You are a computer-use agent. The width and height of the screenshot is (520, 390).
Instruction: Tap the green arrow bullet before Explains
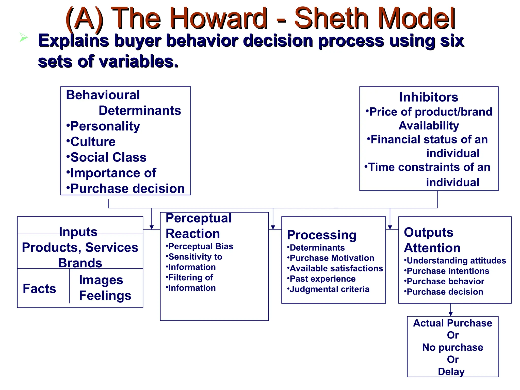(23, 38)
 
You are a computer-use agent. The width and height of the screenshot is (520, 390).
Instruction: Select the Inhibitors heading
(429, 97)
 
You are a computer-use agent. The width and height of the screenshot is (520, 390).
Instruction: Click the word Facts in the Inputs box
(39, 289)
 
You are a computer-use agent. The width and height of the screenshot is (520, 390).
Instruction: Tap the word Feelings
(105, 296)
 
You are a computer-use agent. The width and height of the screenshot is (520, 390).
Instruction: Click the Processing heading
(321, 235)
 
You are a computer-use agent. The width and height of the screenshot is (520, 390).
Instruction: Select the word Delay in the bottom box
(451, 371)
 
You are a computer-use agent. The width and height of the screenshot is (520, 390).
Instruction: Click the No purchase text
(452, 347)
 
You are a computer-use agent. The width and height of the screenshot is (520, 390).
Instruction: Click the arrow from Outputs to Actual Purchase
(451, 310)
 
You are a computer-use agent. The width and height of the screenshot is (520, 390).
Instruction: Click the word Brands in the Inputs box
(80, 263)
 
